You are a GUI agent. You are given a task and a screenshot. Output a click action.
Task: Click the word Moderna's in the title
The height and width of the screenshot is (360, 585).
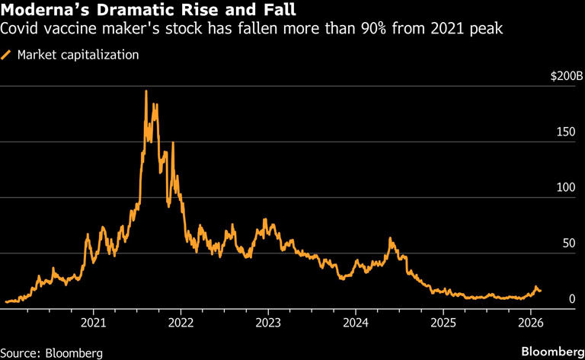pyautogui.click(x=45, y=10)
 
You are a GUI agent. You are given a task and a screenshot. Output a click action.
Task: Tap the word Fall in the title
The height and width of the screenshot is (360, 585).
pyautogui.click(x=280, y=10)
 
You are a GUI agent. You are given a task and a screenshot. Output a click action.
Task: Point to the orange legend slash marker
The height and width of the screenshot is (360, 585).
pyautogui.click(x=6, y=55)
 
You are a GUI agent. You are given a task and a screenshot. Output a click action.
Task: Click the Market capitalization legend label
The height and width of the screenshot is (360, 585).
pyautogui.click(x=78, y=55)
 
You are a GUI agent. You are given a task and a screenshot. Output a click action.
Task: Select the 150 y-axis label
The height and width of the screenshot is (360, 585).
pyautogui.click(x=566, y=132)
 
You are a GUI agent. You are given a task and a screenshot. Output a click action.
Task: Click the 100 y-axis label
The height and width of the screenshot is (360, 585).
pyautogui.click(x=566, y=187)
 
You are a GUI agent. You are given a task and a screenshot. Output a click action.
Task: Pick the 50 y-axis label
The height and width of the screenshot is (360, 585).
pyautogui.click(x=569, y=244)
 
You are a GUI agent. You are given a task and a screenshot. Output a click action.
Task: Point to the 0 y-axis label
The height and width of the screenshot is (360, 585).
pyautogui.click(x=572, y=299)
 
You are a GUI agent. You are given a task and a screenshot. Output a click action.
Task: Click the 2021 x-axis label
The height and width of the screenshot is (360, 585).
pyautogui.click(x=93, y=323)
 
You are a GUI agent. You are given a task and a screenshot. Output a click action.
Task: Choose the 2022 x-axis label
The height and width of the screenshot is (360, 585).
pyautogui.click(x=181, y=323)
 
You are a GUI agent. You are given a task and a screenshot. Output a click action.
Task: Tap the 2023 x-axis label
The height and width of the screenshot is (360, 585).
pyautogui.click(x=268, y=323)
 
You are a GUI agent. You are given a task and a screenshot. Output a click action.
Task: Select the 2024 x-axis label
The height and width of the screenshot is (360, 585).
pyautogui.click(x=356, y=323)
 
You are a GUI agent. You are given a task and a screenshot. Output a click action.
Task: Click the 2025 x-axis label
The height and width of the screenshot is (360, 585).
pyautogui.click(x=443, y=323)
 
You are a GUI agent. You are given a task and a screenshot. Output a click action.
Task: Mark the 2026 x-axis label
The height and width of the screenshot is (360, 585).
pyautogui.click(x=530, y=323)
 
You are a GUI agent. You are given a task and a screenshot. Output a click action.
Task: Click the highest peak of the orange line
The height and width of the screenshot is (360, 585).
pyautogui.click(x=146, y=91)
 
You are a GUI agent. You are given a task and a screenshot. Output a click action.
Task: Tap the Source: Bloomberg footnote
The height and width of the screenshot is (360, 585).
pyautogui.click(x=52, y=353)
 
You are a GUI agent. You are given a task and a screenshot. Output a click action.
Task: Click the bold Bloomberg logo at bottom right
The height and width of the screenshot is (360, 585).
pyautogui.click(x=553, y=352)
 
